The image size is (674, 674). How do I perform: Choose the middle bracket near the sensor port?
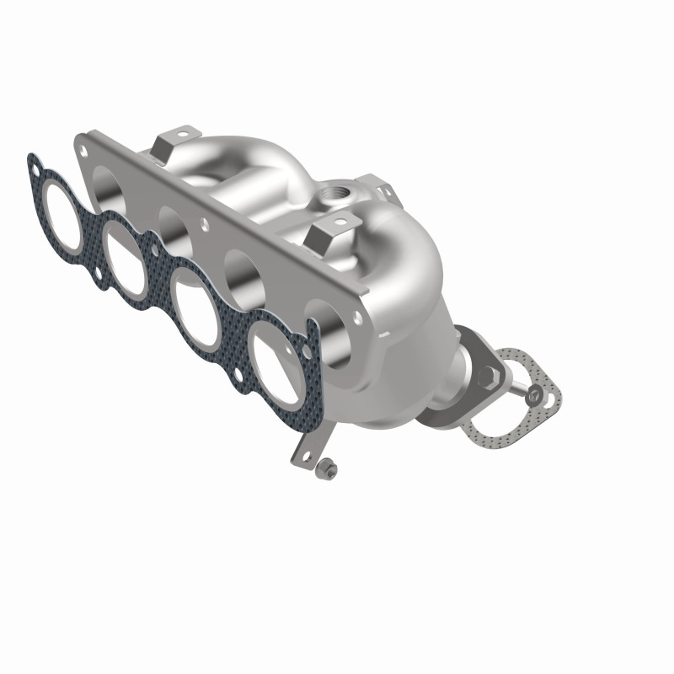tap(333, 233)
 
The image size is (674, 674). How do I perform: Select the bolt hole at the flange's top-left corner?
tap(84, 150)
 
